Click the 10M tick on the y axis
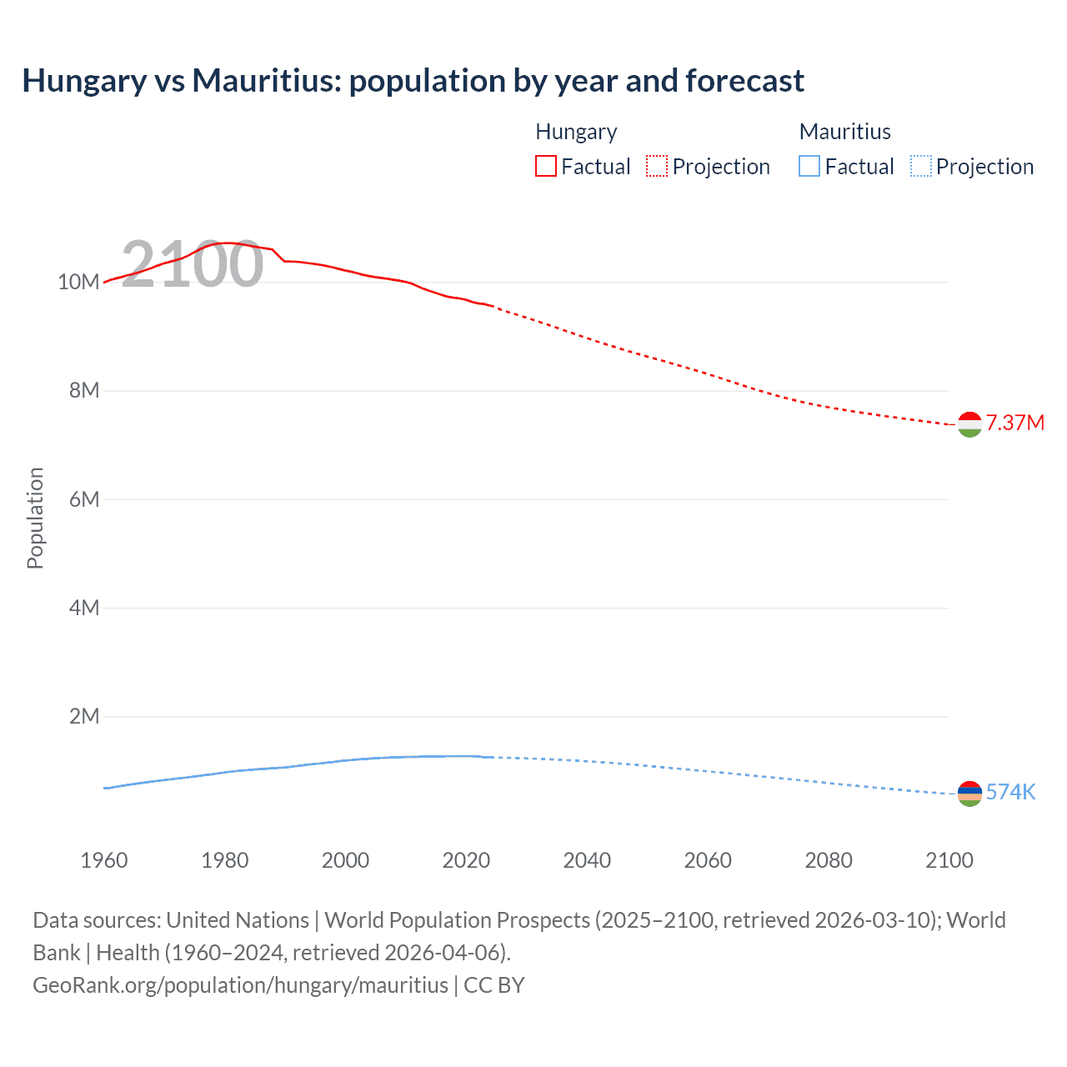[x=78, y=282]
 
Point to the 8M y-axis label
[x=83, y=390]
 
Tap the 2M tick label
[x=83, y=716]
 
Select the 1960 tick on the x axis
[x=104, y=860]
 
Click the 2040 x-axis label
[x=587, y=860]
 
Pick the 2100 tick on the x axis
[x=949, y=860]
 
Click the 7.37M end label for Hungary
[x=1014, y=423]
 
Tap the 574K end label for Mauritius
[x=1010, y=792]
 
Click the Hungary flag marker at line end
[x=969, y=424]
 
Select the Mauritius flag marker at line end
[x=969, y=794]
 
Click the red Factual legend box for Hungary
[x=545, y=166]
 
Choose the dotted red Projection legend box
[x=657, y=166]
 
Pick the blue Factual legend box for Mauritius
[x=809, y=166]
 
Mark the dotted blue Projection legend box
[x=921, y=166]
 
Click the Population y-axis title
[x=35, y=518]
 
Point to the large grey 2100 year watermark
[x=193, y=264]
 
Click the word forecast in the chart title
[x=744, y=81]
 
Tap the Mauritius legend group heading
[x=844, y=132]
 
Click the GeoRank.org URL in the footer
[x=240, y=985]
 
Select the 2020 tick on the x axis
[x=466, y=860]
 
